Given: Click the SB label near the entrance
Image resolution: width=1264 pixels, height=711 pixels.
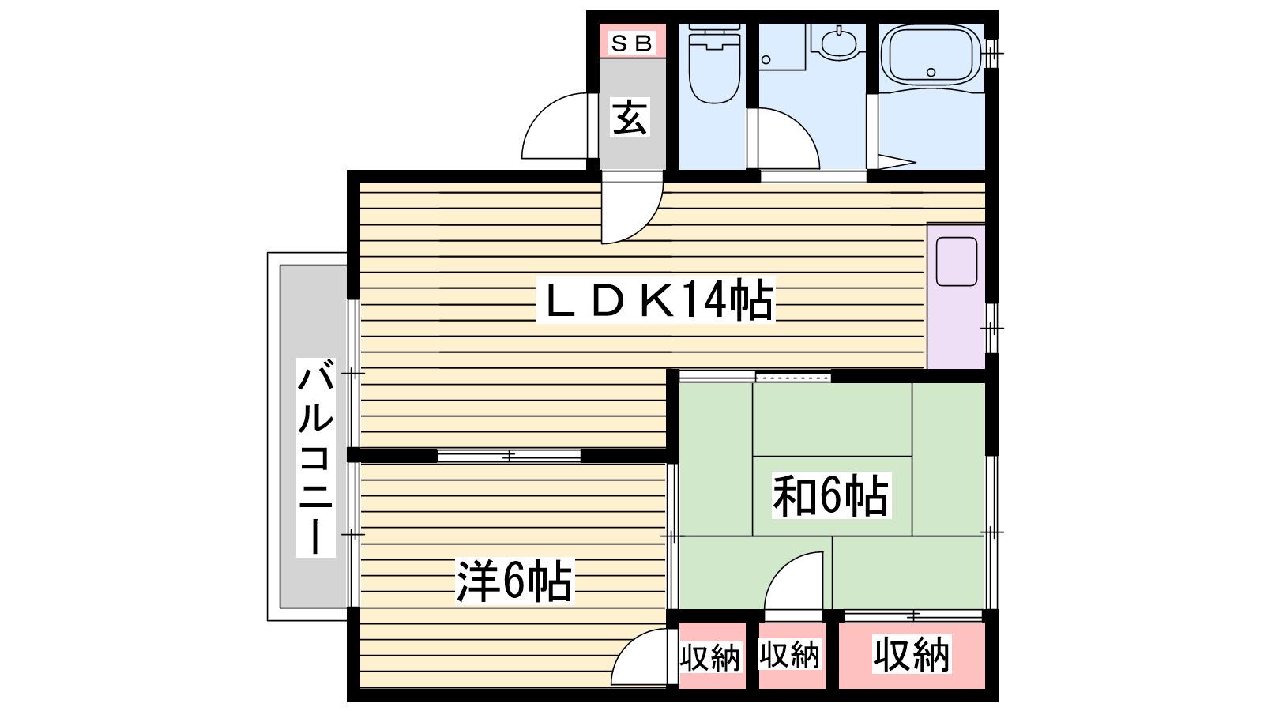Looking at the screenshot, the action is click(632, 43).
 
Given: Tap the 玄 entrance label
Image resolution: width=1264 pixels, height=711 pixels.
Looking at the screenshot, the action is click(630, 118).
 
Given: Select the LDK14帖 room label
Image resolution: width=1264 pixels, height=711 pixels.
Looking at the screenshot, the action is click(656, 300).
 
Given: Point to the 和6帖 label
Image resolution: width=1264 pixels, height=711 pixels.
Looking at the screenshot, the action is click(831, 495).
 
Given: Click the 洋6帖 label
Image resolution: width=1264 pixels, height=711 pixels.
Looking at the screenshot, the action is click(514, 581).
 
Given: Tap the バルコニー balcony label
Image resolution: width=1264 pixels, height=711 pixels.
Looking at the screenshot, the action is click(315, 457).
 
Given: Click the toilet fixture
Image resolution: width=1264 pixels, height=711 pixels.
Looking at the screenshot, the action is click(714, 64).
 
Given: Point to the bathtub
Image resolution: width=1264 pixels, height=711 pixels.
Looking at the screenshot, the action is click(931, 56).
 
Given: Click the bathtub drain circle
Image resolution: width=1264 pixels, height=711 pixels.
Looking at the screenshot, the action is click(931, 72).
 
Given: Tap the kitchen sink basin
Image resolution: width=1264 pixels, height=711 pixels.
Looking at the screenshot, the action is click(957, 261).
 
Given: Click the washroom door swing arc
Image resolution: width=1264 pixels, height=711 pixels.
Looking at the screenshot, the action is click(788, 139).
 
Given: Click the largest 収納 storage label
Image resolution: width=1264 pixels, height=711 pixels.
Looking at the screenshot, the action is click(912, 654).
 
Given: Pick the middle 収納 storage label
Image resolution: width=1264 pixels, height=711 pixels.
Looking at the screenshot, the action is click(789, 655).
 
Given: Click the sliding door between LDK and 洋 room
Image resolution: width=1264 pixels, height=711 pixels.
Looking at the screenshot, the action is click(509, 455).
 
